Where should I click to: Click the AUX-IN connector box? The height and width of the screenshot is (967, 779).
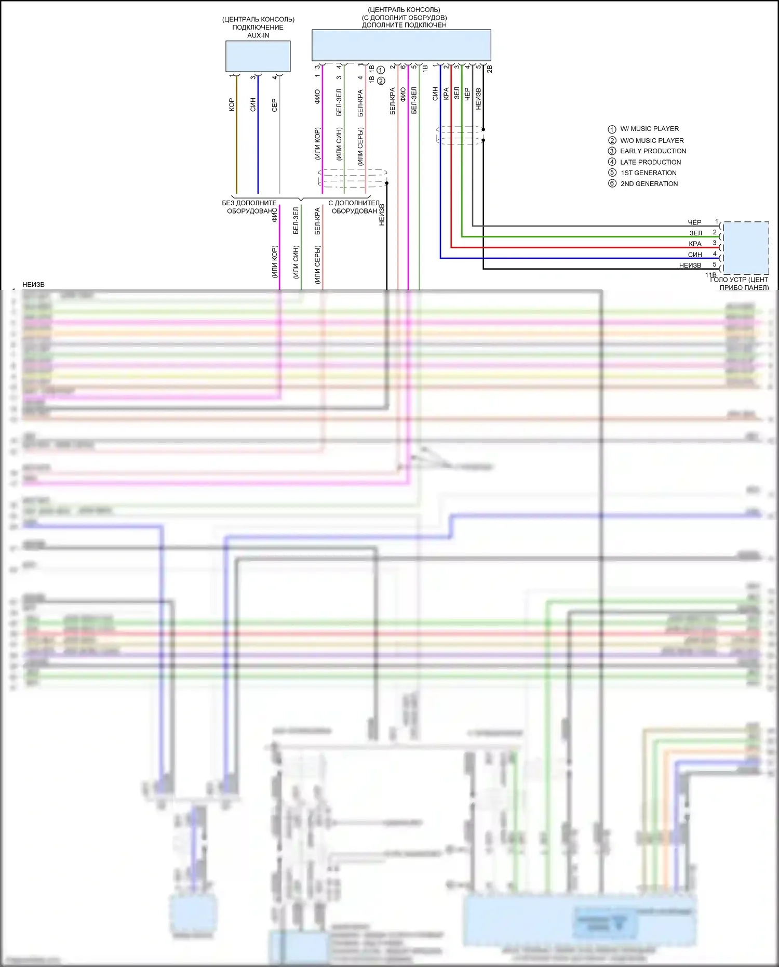click(x=258, y=56)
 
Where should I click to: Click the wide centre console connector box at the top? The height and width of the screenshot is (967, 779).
click(x=401, y=45)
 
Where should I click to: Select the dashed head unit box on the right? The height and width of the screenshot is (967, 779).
click(x=746, y=248)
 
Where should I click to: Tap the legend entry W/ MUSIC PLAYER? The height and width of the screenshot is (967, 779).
click(x=649, y=129)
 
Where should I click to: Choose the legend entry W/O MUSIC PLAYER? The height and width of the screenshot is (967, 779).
click(x=652, y=140)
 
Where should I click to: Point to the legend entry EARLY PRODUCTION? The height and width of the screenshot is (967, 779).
click(x=653, y=151)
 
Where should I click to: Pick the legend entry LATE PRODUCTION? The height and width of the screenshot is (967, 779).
click(x=650, y=162)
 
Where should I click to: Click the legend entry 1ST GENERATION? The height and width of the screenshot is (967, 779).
click(x=649, y=173)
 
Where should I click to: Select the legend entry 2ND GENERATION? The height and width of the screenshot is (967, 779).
click(x=649, y=184)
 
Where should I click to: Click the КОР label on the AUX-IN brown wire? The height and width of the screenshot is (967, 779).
click(x=232, y=105)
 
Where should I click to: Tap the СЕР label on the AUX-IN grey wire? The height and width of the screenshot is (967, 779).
click(x=275, y=105)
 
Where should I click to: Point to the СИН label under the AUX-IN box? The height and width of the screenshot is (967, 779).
click(x=253, y=105)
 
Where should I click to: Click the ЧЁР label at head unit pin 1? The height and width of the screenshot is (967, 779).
click(x=694, y=222)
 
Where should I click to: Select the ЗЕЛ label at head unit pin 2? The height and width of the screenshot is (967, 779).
click(x=695, y=233)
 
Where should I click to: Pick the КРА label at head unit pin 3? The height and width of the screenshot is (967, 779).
click(x=695, y=244)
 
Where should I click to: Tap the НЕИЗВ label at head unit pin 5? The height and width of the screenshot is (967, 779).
click(x=690, y=266)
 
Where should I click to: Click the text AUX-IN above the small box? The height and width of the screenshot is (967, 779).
click(x=258, y=35)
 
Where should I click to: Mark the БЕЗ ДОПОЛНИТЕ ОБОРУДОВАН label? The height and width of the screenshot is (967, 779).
click(x=250, y=207)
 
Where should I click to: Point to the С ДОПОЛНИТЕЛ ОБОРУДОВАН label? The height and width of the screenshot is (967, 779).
click(x=354, y=207)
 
